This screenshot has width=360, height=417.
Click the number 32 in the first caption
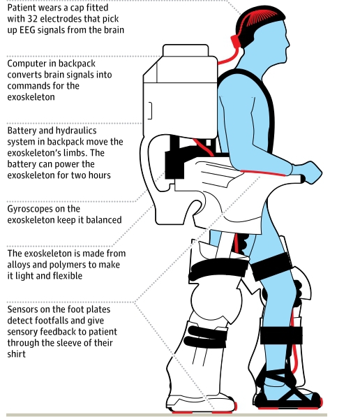[x=32, y=19]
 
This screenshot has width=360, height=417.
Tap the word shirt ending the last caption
[x=17, y=354]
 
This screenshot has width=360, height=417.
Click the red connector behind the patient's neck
[x=235, y=41]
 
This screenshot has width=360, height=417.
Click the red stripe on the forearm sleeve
[x=263, y=173]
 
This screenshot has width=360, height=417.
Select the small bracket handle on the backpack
[x=150, y=110]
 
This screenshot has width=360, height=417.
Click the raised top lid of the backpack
[x=186, y=50]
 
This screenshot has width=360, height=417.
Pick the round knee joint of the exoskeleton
[x=216, y=300]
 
